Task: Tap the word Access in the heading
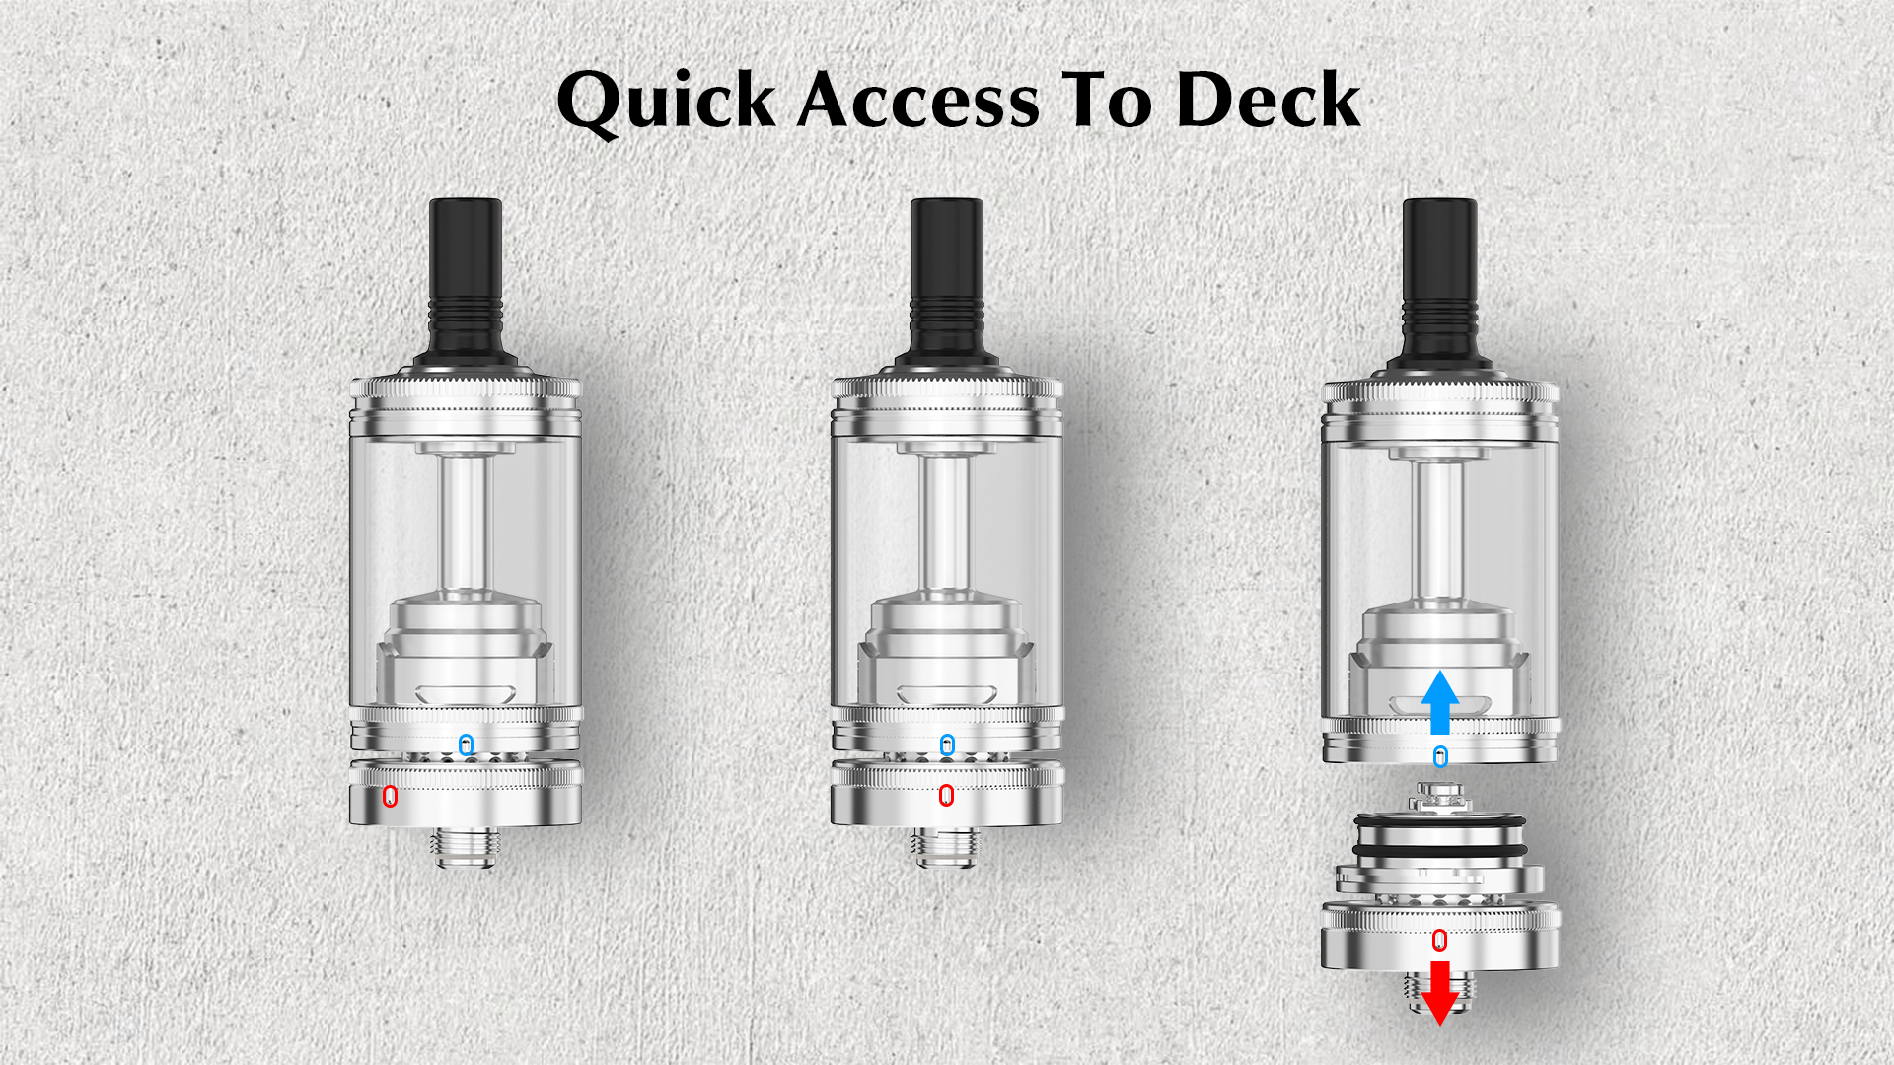coord(917,101)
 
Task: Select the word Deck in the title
coord(1269,100)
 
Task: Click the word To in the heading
coord(1107,101)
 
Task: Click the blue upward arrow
coord(1440,703)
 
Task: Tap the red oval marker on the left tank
coord(390,796)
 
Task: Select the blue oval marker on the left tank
coord(467,745)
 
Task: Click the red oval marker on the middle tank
coord(946,795)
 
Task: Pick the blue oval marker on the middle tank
coord(947,745)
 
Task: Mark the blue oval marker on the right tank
coord(1440,757)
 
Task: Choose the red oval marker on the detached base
coord(1440,940)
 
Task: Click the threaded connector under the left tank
coord(466,847)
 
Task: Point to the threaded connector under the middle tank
coord(947,847)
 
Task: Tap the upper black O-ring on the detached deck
coord(1440,820)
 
